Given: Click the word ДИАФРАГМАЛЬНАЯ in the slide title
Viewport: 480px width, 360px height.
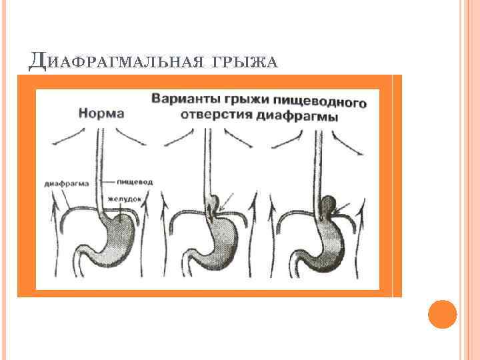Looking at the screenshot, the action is (x=115, y=62).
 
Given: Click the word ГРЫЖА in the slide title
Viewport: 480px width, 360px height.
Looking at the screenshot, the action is (x=243, y=62).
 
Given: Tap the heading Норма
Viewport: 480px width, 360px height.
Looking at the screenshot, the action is (x=101, y=113).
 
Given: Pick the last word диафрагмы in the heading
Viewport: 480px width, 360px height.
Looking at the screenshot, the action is (x=301, y=116).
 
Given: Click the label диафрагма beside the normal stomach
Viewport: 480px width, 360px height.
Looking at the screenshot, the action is (x=69, y=181).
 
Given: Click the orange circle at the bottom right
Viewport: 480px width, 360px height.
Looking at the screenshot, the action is (x=442, y=314).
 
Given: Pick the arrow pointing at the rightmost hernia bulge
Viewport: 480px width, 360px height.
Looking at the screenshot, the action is (x=345, y=212).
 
